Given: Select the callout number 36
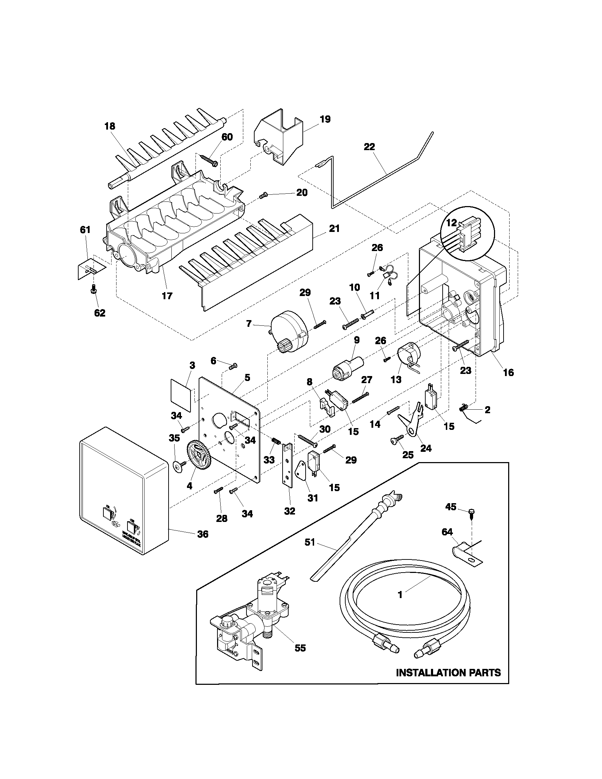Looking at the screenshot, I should tap(203, 544).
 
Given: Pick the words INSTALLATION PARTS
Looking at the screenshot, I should tap(448, 673).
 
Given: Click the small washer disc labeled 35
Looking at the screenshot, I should tap(178, 467).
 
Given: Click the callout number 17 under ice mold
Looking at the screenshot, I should tap(167, 295).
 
